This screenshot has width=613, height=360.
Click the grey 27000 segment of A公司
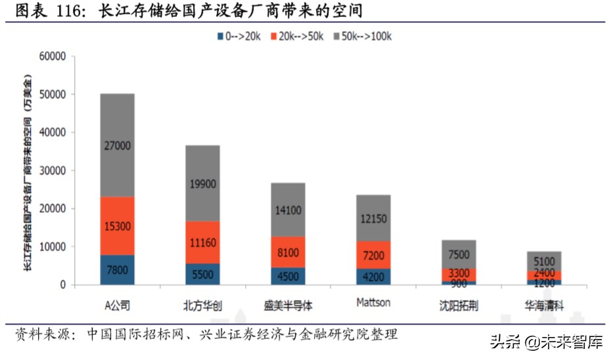tap(117, 145)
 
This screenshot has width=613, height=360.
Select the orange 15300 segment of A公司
tap(117, 226)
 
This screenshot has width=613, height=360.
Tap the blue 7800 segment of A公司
tap(117, 269)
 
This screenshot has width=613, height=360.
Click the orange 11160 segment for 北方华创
tap(202, 242)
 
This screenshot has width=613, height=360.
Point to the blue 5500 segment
tap(202, 274)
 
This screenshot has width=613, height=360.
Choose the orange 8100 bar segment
tap(288, 252)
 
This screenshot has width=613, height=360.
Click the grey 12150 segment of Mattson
tap(373, 218)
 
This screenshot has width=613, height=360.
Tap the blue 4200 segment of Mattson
tap(373, 277)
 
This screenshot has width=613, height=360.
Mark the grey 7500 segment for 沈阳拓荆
tap(459, 254)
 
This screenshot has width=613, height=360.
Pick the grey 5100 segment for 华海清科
tap(544, 261)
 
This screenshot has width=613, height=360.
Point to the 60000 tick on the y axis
tap(53, 56)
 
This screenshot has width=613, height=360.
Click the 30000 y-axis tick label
tap(53, 171)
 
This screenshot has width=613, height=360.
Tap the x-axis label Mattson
tap(373, 303)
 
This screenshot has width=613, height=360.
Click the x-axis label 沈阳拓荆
tap(459, 305)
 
